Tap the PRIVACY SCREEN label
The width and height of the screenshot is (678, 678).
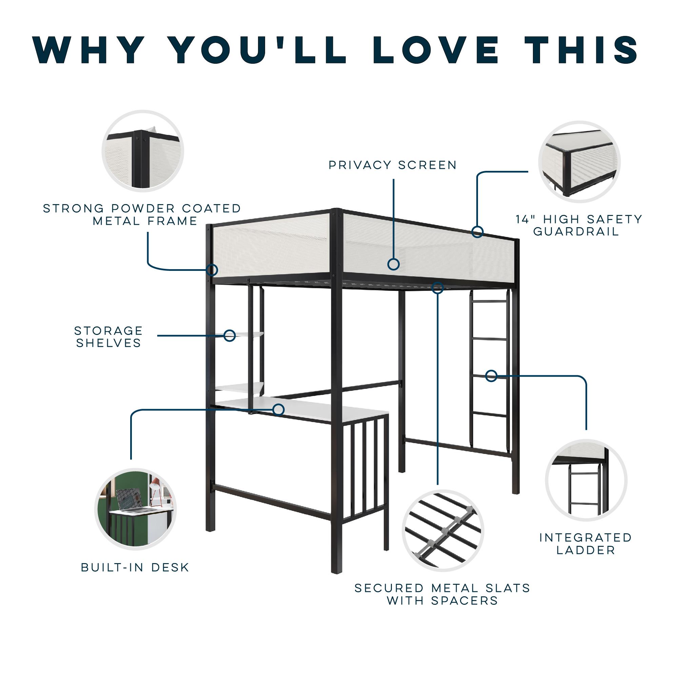coord(393,165)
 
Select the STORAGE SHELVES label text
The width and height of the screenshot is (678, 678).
coord(109,337)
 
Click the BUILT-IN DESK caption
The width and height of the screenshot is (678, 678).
coord(135,567)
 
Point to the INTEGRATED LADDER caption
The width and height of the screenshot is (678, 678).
coord(586,544)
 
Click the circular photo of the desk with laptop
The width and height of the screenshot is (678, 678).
coord(136,509)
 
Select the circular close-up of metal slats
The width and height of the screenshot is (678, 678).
coord(443,531)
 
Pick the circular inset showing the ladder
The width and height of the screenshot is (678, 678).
coord(586,480)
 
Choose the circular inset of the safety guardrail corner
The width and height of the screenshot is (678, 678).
coord(580,162)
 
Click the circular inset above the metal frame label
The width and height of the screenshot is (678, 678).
coord(143,151)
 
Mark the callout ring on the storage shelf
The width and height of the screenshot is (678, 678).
coord(230,336)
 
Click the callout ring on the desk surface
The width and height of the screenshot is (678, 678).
coord(279,409)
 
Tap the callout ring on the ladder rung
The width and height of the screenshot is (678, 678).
coord(491,376)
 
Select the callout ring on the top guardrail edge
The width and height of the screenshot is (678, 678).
coord(477,232)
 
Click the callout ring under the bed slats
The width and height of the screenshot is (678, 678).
coord(438,288)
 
